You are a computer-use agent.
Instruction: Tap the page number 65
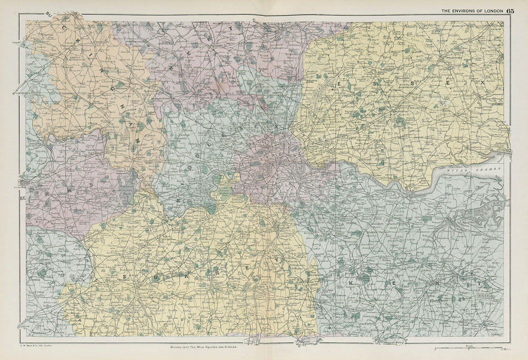[x=511, y=10]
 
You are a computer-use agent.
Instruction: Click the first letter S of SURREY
[x=125, y=276]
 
